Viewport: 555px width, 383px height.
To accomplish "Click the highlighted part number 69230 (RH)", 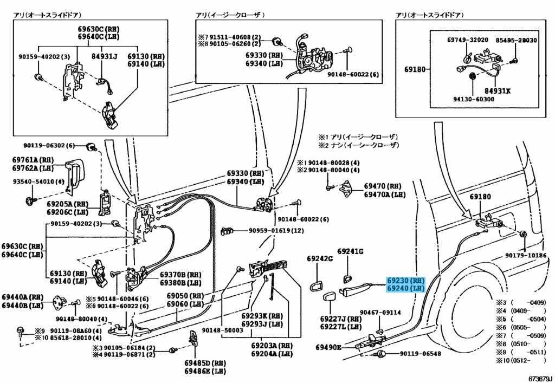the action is point(405,281).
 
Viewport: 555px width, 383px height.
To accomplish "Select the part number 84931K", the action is point(498,91).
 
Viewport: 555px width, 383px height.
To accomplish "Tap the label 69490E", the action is point(328,348).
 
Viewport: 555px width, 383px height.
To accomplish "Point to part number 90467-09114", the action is point(380,312).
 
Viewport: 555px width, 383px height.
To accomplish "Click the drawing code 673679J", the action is point(540,379).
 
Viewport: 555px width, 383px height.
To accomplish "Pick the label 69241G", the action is point(350,251).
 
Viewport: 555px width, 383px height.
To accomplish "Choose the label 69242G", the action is point(320,258).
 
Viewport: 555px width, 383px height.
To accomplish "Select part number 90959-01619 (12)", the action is point(276,231).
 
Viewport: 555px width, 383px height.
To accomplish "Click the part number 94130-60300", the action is point(474,99).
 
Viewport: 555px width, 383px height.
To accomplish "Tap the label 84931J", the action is point(104,56).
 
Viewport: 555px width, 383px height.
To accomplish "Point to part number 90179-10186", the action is point(526,255).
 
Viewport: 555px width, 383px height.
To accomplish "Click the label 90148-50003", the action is point(223,330).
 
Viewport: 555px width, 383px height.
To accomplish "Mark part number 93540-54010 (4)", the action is point(39,181).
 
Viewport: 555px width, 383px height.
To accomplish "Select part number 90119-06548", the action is point(421,353).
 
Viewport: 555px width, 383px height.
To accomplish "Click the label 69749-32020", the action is point(468,40).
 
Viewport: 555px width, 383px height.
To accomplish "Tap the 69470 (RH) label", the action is point(383,186).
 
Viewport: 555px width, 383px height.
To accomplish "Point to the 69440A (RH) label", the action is point(22,297).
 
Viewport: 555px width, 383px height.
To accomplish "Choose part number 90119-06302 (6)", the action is point(49,145).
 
